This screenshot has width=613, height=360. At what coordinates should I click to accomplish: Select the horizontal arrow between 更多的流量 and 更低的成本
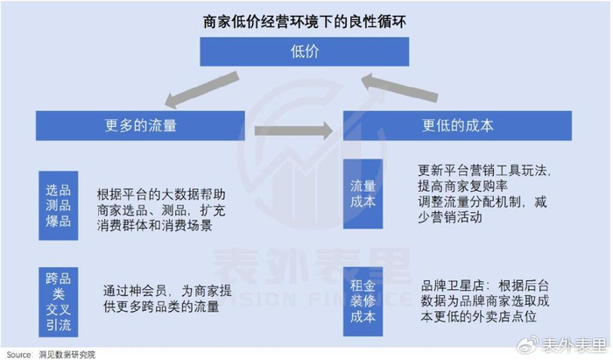(293, 131)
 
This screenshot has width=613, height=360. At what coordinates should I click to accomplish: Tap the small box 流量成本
(363, 194)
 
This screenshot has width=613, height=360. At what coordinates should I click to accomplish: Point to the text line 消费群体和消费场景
(157, 225)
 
